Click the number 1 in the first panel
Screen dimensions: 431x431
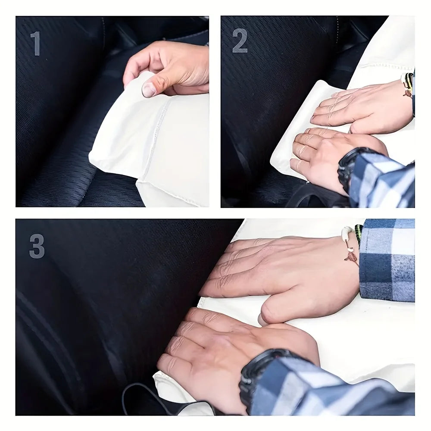(36, 44)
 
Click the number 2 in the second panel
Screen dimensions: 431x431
(240, 41)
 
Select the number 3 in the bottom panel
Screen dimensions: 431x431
(37, 246)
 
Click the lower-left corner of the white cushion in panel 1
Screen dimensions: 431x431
(90, 161)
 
